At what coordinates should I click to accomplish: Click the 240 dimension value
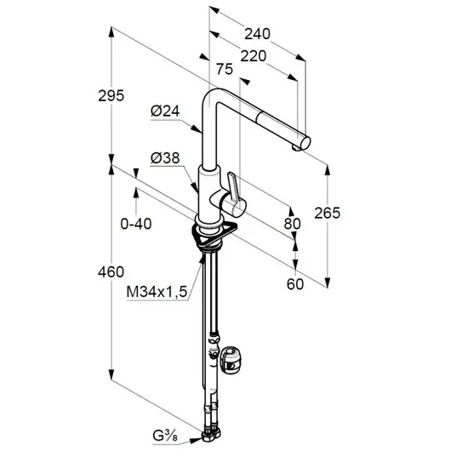point(257,34)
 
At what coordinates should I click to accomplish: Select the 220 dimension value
point(253,56)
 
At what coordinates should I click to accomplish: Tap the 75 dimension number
point(225,69)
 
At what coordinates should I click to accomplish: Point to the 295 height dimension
point(111,95)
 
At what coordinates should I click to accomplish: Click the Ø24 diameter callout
point(165,111)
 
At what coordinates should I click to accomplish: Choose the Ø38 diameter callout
point(165,158)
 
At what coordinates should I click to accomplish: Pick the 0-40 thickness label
point(136,224)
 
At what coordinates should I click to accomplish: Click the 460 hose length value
point(111,272)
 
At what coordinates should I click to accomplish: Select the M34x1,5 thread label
point(157,292)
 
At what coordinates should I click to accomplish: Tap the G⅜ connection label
point(165,436)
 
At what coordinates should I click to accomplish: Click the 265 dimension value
point(328,214)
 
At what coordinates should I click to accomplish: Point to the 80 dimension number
point(293,224)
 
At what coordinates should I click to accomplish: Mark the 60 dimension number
point(295,284)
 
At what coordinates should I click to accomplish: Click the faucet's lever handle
point(233,187)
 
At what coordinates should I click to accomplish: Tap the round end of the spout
point(305,143)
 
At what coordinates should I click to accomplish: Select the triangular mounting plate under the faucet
point(214,235)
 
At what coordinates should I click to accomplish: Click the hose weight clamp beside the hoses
point(231,360)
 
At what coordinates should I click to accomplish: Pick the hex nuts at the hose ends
point(210,434)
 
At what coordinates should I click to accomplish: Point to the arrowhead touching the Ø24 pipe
point(197,128)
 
